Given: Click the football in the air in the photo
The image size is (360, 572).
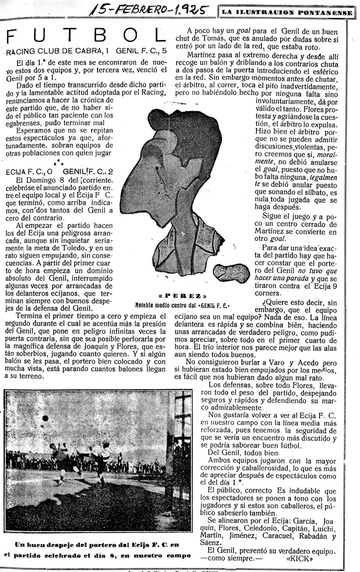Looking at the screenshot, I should [x=45, y=418].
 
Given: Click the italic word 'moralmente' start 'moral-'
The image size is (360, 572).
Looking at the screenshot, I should [x=327, y=155].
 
